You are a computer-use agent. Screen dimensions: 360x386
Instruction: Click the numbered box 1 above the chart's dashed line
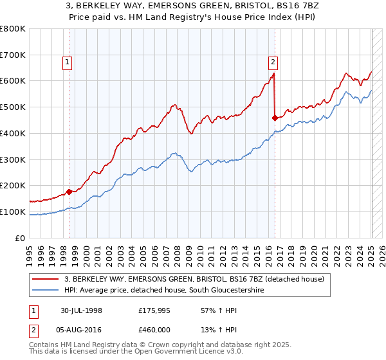[x=68, y=62]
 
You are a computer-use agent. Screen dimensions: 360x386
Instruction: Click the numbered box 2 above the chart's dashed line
[x=273, y=62]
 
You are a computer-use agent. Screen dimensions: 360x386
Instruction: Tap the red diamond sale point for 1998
[x=69, y=192]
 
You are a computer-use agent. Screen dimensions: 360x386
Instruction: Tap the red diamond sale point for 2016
[x=275, y=118]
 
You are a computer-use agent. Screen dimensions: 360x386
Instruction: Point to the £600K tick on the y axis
[x=14, y=81]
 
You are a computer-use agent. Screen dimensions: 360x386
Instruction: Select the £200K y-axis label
[x=14, y=186]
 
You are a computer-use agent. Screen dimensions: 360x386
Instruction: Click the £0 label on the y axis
[x=20, y=238]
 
